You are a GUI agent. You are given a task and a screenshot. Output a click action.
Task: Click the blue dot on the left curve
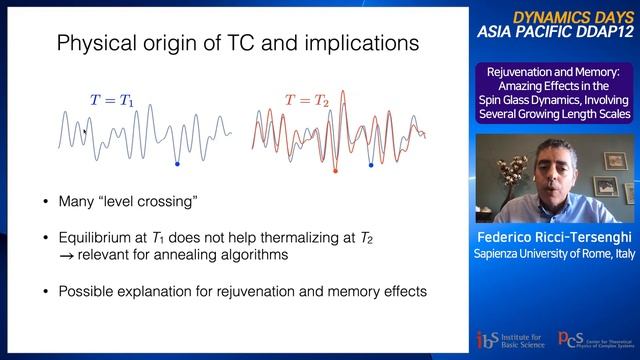[177, 162]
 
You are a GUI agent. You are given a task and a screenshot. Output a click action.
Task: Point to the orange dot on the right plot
[335, 171]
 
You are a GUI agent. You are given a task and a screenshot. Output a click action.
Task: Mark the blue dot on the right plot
[370, 163]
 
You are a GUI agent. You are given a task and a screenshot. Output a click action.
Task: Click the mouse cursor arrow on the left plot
[85, 130]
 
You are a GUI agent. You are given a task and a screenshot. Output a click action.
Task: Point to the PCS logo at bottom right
[593, 340]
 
